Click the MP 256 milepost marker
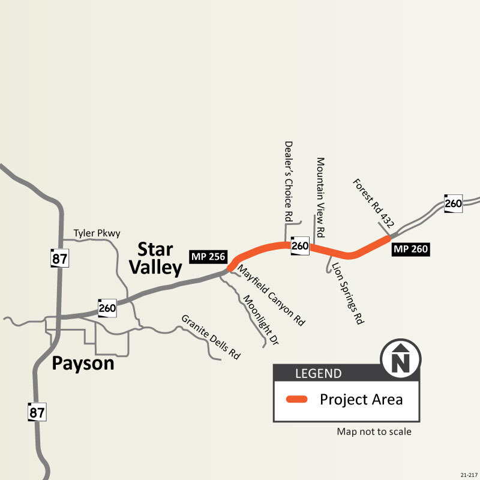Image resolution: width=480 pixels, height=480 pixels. tap(208, 257)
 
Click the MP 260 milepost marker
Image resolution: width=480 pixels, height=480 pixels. tap(410, 249)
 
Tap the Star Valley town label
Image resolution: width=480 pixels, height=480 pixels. tap(155, 259)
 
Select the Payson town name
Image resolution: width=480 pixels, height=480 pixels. tap(83, 363)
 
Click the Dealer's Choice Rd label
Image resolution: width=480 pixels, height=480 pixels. tap(289, 181)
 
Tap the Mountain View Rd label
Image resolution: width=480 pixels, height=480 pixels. tap(320, 196)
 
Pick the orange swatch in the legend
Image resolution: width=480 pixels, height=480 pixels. tap(296, 400)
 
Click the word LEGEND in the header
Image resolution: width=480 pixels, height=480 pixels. tap(318, 374)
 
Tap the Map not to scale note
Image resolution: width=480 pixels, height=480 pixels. tap(374, 431)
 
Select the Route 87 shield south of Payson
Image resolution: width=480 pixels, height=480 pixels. tap(37, 412)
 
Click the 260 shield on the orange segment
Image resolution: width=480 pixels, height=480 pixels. tap(300, 245)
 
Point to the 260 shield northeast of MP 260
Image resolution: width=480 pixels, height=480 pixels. tap(454, 203)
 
